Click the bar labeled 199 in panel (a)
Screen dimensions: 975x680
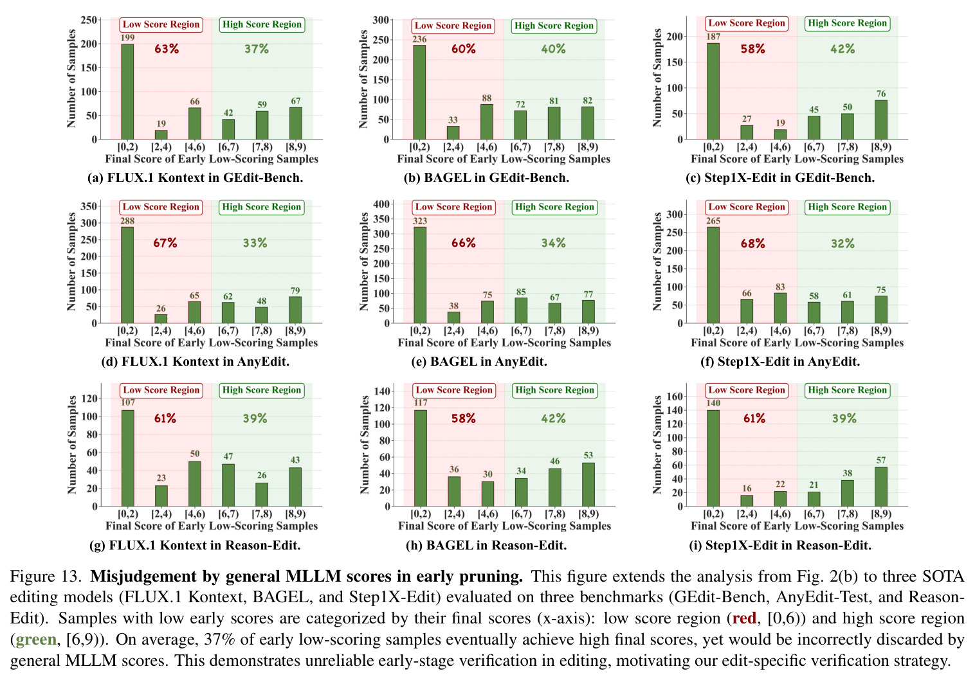click(x=127, y=91)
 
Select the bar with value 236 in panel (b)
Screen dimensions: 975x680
click(x=419, y=93)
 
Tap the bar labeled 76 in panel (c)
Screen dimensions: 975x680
click(x=881, y=120)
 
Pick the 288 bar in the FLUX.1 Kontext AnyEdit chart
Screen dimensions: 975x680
click(x=127, y=275)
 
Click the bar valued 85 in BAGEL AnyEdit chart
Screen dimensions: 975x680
click(x=521, y=310)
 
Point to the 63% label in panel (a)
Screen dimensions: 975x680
click(x=167, y=49)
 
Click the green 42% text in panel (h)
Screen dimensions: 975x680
click(x=553, y=418)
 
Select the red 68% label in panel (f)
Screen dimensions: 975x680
click(x=752, y=243)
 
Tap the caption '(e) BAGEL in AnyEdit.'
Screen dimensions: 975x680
click(x=479, y=362)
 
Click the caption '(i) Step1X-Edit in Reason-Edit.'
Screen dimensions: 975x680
click(x=780, y=545)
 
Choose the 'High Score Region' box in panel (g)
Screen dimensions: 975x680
click(x=262, y=390)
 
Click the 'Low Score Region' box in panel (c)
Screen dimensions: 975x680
click(x=747, y=23)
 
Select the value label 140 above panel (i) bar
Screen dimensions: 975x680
click(x=713, y=403)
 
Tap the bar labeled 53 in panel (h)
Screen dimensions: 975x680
click(x=588, y=484)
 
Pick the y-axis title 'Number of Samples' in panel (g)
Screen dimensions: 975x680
click(x=71, y=445)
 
